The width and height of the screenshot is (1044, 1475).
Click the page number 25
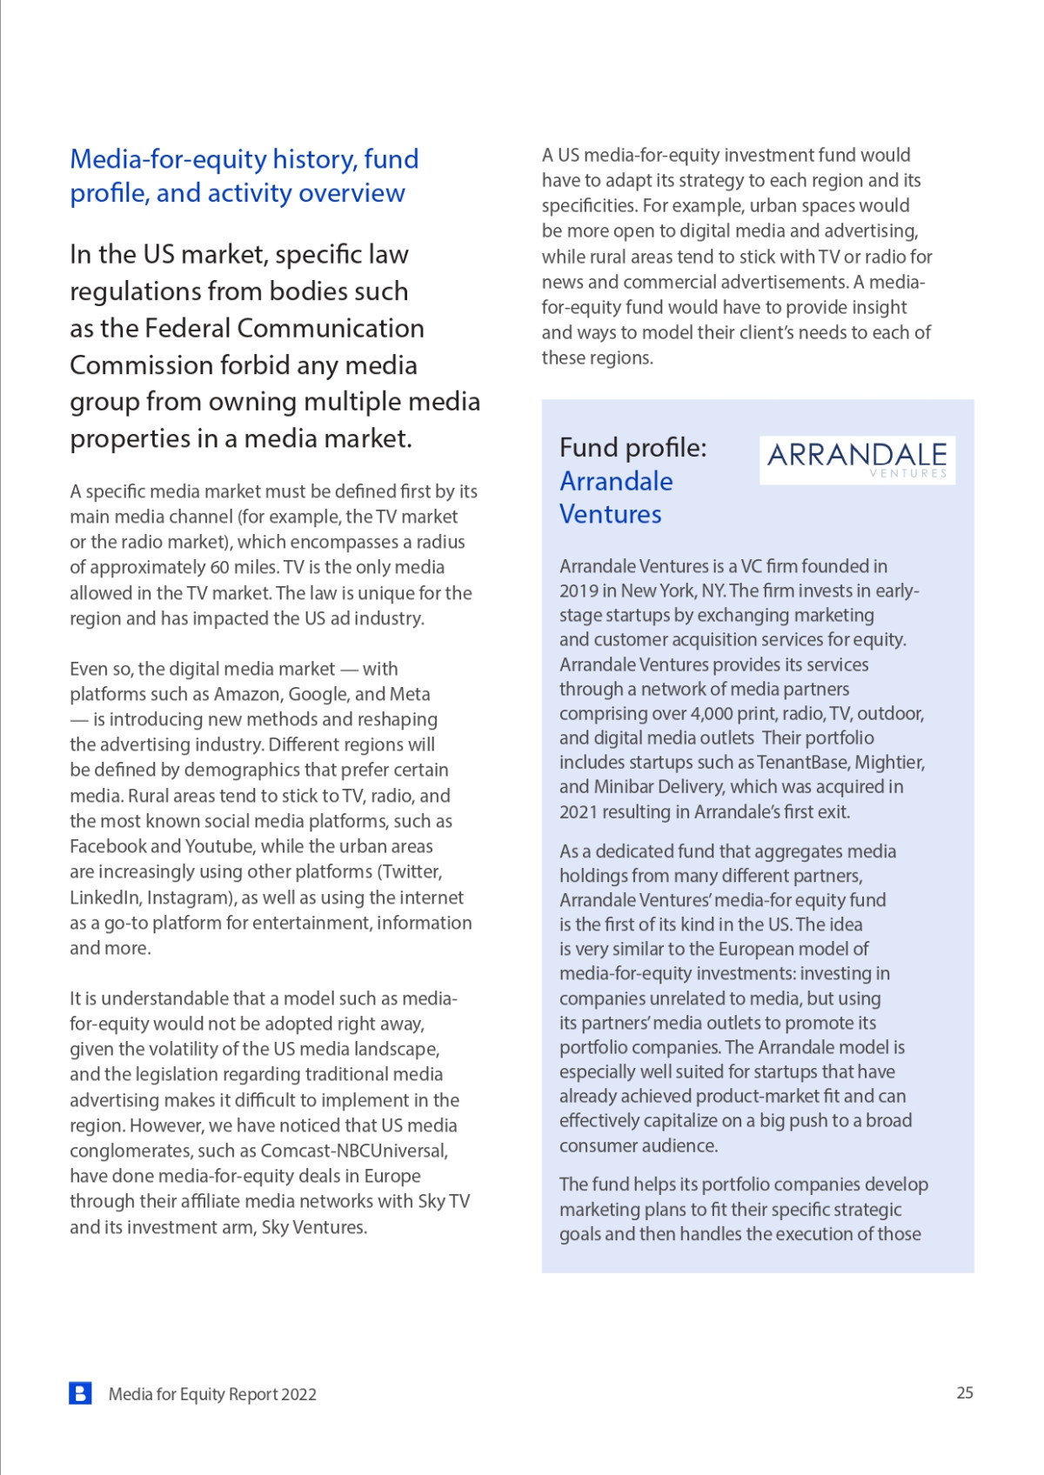pyautogui.click(x=965, y=1392)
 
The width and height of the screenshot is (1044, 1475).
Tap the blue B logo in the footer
pyautogui.click(x=80, y=1392)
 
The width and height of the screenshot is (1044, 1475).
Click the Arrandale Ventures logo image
pyautogui.click(x=857, y=459)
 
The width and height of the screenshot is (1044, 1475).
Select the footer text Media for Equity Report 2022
pyautogui.click(x=212, y=1394)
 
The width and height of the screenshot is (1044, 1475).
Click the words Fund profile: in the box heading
pyautogui.click(x=632, y=448)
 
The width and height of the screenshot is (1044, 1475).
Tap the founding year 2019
pyautogui.click(x=579, y=591)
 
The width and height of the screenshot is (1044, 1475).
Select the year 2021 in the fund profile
pyautogui.click(x=579, y=812)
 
